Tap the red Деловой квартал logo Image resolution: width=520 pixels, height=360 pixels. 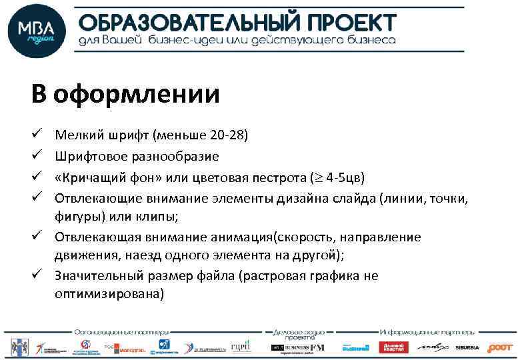click(393, 347)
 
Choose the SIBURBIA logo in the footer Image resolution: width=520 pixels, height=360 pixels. click(467, 347)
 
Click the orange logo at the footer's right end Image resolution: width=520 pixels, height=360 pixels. click(500, 347)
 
